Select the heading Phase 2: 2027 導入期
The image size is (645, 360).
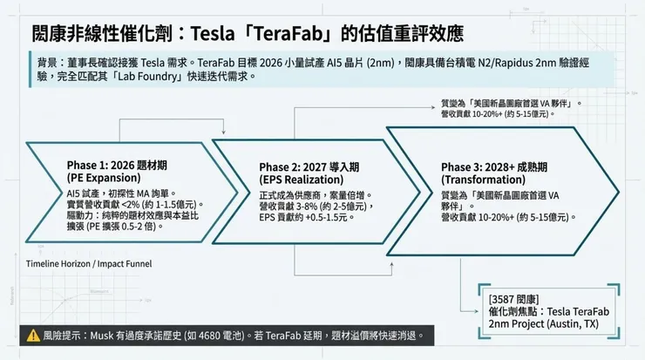(309, 167)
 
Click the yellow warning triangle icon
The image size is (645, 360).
(32, 334)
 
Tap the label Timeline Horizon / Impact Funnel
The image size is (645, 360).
(88, 263)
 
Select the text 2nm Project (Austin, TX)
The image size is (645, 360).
(545, 323)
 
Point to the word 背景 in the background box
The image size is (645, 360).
(49, 64)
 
